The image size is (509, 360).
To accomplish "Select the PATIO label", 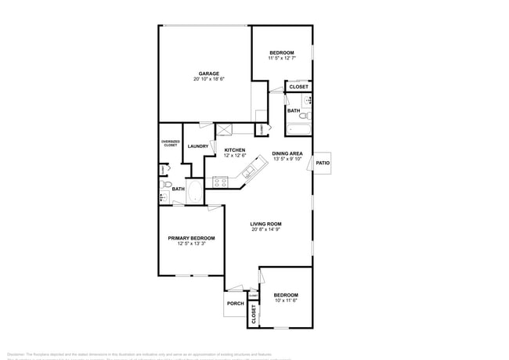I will (x=323, y=163).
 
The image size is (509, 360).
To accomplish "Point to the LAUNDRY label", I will (x=197, y=146).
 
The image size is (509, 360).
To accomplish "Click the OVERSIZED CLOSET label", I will (x=170, y=143).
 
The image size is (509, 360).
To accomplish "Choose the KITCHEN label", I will (x=235, y=149).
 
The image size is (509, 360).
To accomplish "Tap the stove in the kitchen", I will (x=221, y=182).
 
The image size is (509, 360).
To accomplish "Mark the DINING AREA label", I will (x=287, y=153).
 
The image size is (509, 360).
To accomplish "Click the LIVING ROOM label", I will (x=266, y=224).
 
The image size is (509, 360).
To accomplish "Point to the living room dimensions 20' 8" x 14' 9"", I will (x=266, y=230).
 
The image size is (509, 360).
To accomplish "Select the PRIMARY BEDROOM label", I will (x=191, y=238).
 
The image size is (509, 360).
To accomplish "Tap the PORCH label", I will (x=235, y=304).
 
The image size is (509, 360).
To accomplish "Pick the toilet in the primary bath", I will (x=165, y=185).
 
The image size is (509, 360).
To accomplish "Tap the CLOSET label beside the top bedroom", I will (x=298, y=87).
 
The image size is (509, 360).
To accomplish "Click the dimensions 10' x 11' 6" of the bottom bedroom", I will (x=286, y=301).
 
